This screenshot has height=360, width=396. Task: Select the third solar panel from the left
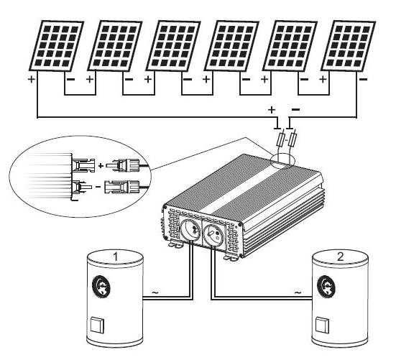pyautogui.click(x=172, y=45)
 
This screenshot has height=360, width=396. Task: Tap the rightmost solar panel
pyautogui.click(x=349, y=45)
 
